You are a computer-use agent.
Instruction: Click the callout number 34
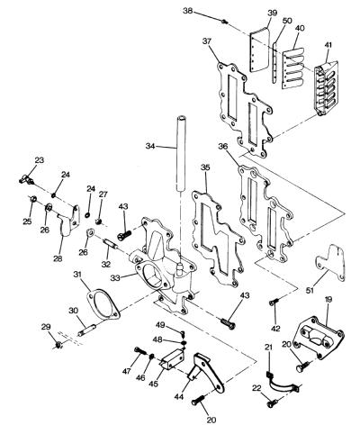tap(150, 146)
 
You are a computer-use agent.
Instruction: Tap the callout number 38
tap(188, 11)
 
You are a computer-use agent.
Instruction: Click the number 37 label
tap(207, 41)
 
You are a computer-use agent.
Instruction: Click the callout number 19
tap(328, 299)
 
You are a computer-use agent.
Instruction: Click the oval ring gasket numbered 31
tap(103, 303)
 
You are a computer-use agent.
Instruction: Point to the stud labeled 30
tap(87, 330)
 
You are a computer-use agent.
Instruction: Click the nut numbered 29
tap(58, 345)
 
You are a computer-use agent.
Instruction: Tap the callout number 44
tap(179, 397)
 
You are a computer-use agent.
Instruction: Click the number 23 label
tap(40, 160)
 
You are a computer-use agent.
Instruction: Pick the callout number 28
tap(58, 258)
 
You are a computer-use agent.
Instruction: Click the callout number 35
tap(205, 167)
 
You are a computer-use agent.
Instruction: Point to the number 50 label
tap(287, 21)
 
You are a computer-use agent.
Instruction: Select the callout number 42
tap(275, 329)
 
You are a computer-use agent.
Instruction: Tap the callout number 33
tap(115, 278)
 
